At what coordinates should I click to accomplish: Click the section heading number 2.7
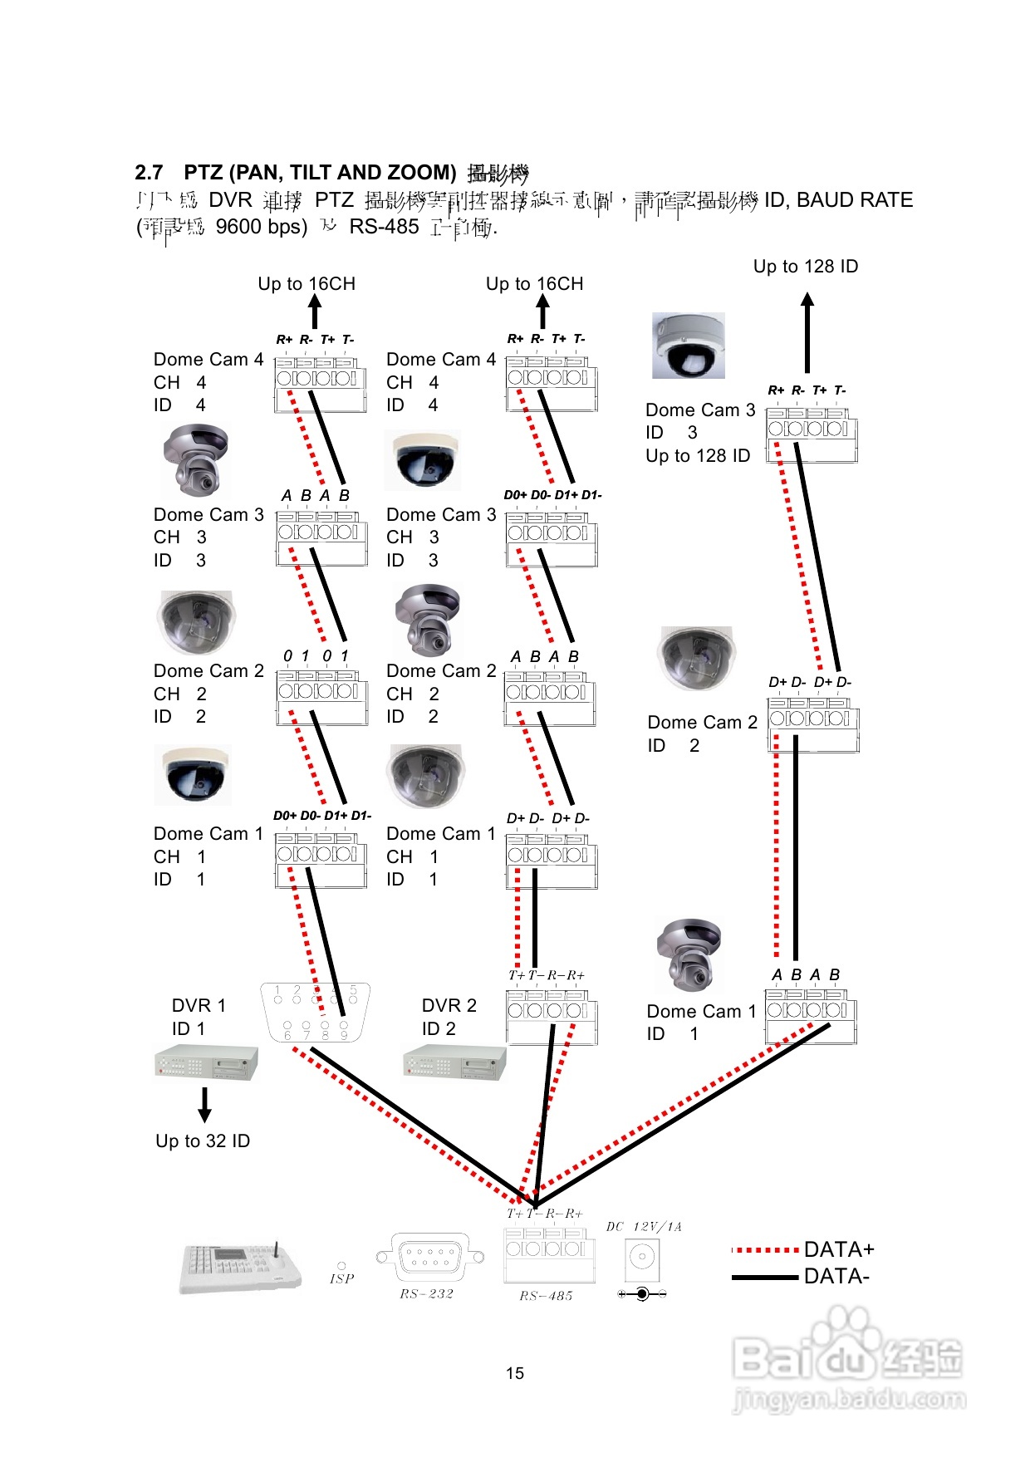point(149,173)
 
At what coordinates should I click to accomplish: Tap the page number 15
point(515,1373)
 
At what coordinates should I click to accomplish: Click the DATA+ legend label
point(839,1249)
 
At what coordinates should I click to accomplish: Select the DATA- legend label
point(836,1277)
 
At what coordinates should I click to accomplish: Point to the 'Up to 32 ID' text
point(203,1141)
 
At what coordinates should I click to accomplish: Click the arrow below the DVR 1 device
point(204,1105)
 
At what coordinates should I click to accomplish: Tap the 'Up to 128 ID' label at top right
point(805,267)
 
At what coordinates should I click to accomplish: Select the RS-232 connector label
point(426,1293)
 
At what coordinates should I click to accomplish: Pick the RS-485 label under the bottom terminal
point(546,1296)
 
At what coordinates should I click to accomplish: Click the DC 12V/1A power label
point(644,1227)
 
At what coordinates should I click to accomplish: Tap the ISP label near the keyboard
point(341,1279)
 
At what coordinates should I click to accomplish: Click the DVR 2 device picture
point(454,1062)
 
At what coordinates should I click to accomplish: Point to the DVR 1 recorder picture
point(206,1062)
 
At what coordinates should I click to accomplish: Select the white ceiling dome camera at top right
point(689,346)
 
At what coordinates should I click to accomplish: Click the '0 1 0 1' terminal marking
point(316,656)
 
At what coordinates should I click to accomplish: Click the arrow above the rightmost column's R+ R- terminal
point(807,332)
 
